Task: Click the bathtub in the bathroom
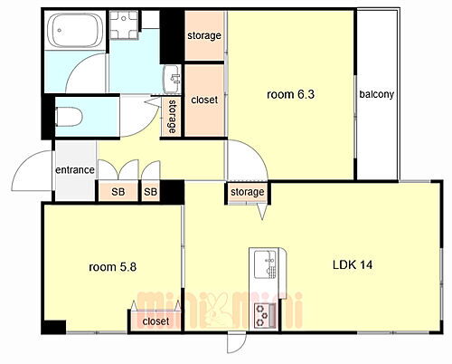click(x=75, y=30)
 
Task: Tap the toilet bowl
click(x=69, y=117)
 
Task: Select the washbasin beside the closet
click(x=172, y=79)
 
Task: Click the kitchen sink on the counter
click(x=265, y=264)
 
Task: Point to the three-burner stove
click(x=265, y=316)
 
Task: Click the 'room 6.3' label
click(x=290, y=94)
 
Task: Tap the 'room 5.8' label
click(x=113, y=267)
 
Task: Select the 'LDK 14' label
click(x=353, y=265)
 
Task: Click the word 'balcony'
click(x=377, y=94)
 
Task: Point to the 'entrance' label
click(x=75, y=170)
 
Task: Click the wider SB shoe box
click(x=118, y=192)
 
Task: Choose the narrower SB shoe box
click(x=151, y=192)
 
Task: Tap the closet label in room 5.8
click(x=155, y=321)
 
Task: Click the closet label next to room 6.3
click(x=204, y=100)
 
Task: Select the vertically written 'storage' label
click(x=172, y=117)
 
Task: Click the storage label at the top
click(x=204, y=36)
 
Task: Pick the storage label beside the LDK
click(x=248, y=192)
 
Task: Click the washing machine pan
click(x=124, y=25)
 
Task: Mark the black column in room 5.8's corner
click(x=54, y=327)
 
